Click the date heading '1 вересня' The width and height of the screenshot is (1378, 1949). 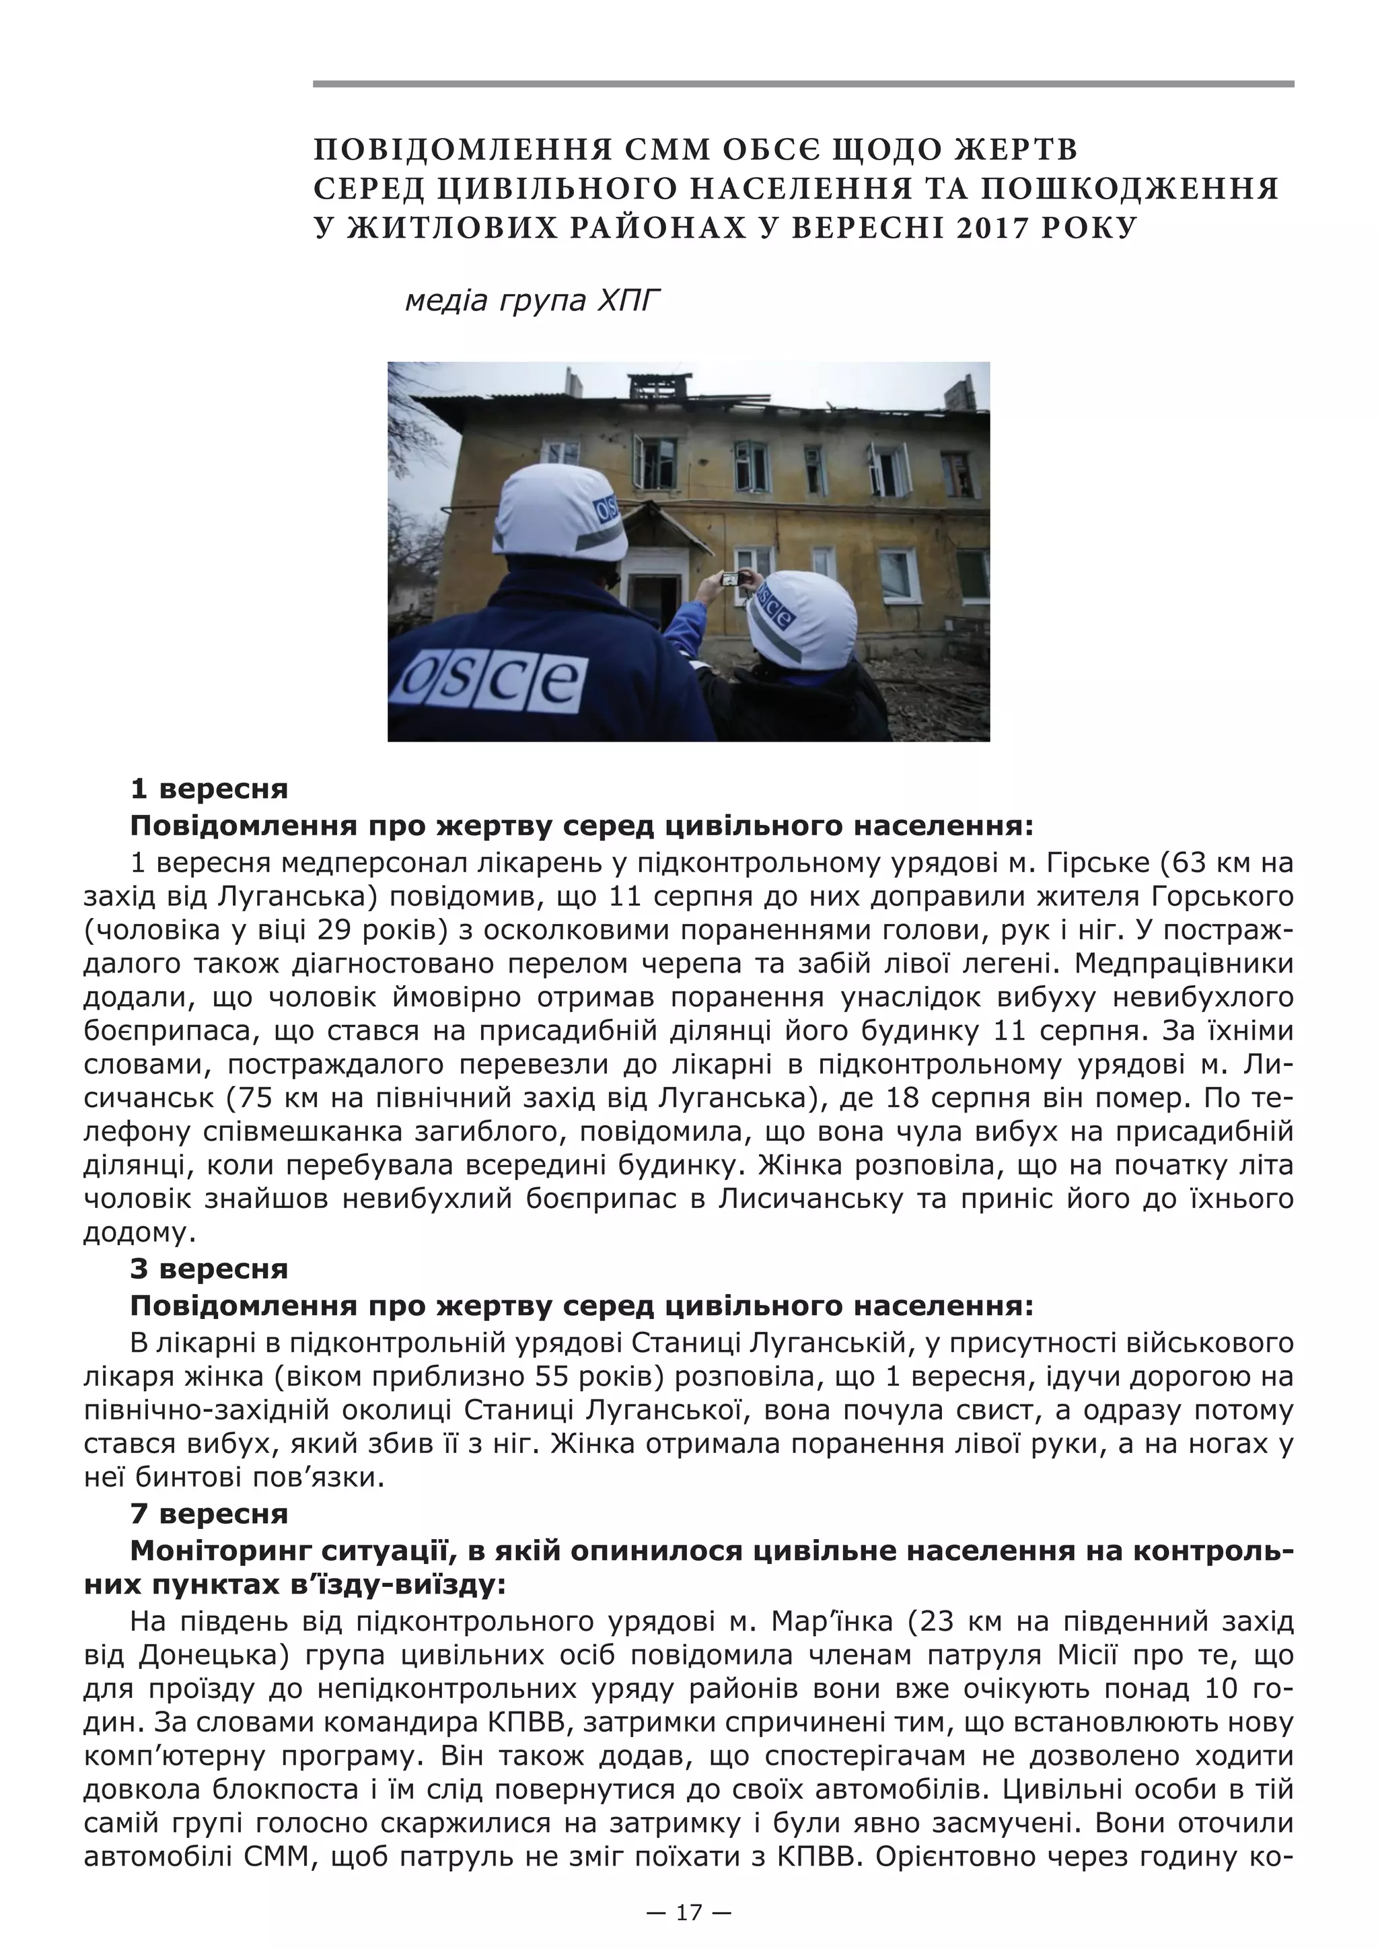pyautogui.click(x=209, y=789)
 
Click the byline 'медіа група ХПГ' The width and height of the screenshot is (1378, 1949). pyautogui.click(x=532, y=301)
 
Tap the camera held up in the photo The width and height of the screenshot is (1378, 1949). pyautogui.click(x=730, y=579)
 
